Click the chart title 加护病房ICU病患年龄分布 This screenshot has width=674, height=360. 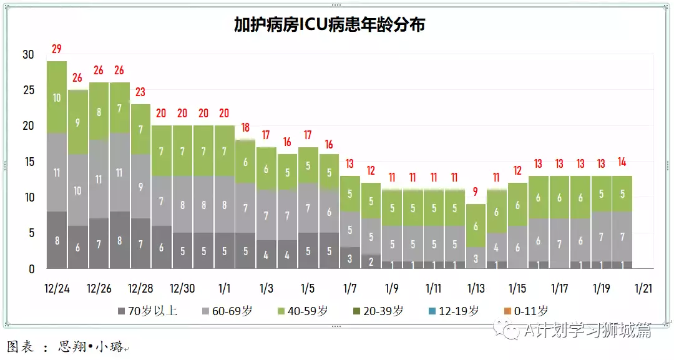(x=330, y=25)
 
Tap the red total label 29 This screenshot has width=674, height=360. (x=57, y=49)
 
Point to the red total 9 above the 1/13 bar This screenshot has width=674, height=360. (x=476, y=192)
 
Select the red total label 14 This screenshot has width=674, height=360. (x=622, y=162)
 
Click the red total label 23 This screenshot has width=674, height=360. (x=140, y=92)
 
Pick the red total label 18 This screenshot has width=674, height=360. (x=245, y=128)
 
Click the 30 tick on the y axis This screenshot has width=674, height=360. (x=28, y=54)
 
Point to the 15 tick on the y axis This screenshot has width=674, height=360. (x=28, y=162)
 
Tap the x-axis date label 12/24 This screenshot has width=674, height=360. (x=57, y=289)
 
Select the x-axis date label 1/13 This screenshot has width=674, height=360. (x=476, y=289)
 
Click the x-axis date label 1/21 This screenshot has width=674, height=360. (x=643, y=289)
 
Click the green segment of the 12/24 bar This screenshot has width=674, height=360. (x=57, y=97)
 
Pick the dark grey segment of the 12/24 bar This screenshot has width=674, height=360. (x=57, y=240)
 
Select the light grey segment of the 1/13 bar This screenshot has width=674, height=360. (x=476, y=258)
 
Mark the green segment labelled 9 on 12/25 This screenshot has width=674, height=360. (x=78, y=122)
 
